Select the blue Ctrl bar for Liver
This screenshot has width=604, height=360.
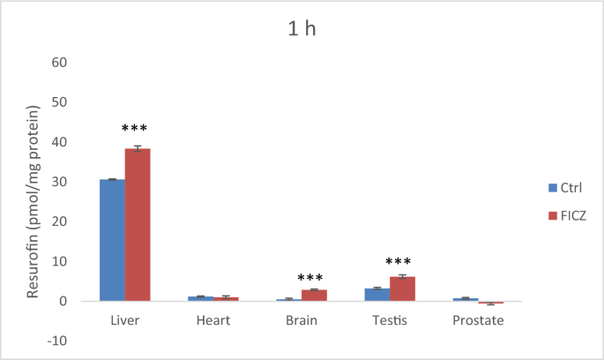tap(112, 240)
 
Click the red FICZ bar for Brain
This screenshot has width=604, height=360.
tap(315, 295)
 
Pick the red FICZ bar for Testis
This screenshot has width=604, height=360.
tap(403, 289)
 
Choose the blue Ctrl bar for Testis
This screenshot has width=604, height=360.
tap(377, 295)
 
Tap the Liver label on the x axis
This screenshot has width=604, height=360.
tap(124, 320)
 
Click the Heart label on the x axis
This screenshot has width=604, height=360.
tap(213, 320)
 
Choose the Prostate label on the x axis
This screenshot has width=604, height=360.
tap(478, 320)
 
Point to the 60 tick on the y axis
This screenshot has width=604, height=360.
tap(60, 63)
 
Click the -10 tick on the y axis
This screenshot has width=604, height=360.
tap(57, 341)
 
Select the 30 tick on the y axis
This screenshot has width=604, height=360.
tap(60, 182)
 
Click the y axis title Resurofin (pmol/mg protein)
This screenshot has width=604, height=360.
tap(34, 201)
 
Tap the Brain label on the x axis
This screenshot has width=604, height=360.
tap(302, 320)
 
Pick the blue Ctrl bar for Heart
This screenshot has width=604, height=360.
tap(200, 298)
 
